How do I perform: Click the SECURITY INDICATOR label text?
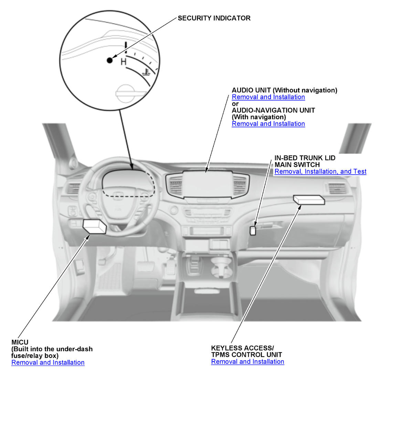tap(214, 18)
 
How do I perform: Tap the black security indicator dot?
tap(110, 60)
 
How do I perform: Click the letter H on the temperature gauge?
tap(124, 62)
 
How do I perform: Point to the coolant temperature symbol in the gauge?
tap(146, 72)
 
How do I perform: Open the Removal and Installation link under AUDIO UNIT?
tap(268, 97)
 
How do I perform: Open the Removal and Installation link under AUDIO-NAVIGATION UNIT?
tap(268, 124)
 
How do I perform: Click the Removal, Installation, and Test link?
tap(320, 172)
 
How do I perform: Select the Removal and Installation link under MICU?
tap(48, 362)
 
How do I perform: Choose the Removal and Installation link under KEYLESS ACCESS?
tap(247, 362)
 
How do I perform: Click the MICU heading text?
tap(20, 342)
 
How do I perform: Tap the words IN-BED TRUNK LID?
tap(305, 158)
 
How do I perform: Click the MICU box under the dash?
tap(94, 226)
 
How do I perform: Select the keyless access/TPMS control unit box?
tap(309, 200)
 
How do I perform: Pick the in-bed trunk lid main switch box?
tap(253, 231)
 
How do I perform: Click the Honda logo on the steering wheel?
tap(118, 196)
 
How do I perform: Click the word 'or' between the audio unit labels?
tap(235, 104)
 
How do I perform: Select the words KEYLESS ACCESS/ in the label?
tap(242, 348)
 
